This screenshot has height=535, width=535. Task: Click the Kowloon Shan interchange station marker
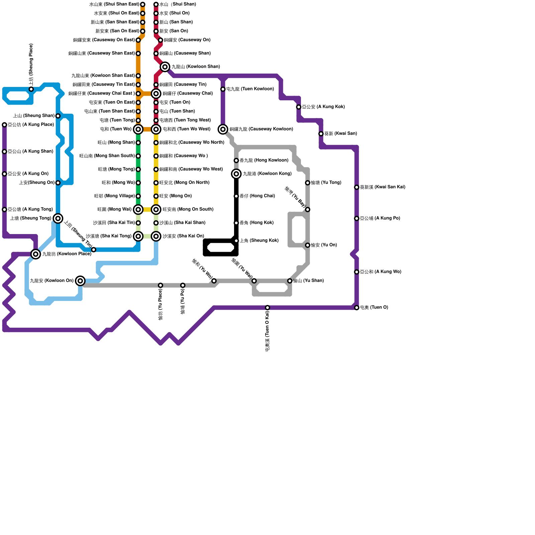coord(165,67)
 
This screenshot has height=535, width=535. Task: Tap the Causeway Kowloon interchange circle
coord(223,129)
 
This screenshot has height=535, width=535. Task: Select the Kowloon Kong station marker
coord(236,174)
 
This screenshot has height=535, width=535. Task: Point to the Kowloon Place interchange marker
coord(36,254)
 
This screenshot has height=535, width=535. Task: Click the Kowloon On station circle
coord(80,281)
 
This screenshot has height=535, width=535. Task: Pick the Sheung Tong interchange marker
coord(58,218)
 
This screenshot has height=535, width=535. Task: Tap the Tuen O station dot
coord(357,308)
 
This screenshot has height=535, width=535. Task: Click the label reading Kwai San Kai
coord(383,187)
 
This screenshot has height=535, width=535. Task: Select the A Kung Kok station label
coord(323,107)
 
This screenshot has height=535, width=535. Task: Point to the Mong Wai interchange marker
coord(138,210)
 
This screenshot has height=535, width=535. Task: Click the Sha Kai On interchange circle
coord(156,236)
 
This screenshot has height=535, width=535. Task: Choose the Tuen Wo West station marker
coord(156,129)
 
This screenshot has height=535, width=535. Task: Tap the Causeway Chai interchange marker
coord(156,94)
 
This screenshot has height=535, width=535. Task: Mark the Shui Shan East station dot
coord(143,4)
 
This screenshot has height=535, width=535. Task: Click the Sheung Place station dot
coord(31,89)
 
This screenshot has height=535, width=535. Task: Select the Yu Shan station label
coord(308,281)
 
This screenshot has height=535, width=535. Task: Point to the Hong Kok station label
coord(256,223)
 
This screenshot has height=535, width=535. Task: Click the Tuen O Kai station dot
coord(267,308)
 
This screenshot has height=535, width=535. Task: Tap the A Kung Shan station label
coord(30,151)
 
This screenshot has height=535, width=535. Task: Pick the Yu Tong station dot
coord(308,183)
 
